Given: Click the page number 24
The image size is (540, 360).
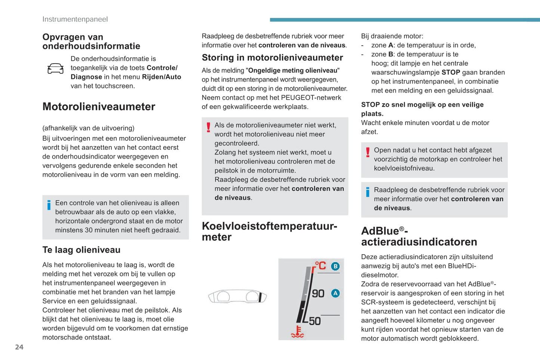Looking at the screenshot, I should click(x=19, y=347).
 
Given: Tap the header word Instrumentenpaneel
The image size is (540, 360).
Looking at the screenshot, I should click(x=75, y=19).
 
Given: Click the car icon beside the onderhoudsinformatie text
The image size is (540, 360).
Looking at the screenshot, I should click(x=55, y=68).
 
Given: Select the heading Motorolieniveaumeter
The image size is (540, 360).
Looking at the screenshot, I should click(x=99, y=107).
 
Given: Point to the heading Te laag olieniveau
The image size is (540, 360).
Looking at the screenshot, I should click(x=81, y=250).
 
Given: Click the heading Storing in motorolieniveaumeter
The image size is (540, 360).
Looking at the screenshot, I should click(x=272, y=58).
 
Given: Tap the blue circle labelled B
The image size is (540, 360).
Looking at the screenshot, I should click(x=335, y=266).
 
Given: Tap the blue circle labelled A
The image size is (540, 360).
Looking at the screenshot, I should click(x=335, y=293).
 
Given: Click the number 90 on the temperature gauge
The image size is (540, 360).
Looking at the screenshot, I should click(x=318, y=294).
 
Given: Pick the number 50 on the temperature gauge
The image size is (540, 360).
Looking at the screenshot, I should click(x=315, y=321).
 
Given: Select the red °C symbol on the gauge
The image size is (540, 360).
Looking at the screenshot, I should click(x=320, y=266).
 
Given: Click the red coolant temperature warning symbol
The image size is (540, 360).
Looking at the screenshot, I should click(x=297, y=332).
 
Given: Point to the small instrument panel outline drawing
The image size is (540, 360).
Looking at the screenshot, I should click(x=237, y=297).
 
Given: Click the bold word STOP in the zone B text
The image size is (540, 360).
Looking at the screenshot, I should click(x=450, y=72).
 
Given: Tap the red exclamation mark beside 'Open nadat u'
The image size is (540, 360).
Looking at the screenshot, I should click(x=368, y=152).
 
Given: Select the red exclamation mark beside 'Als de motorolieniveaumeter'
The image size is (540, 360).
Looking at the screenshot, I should click(x=209, y=127).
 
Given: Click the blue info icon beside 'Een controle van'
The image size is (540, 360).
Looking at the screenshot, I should click(x=49, y=205).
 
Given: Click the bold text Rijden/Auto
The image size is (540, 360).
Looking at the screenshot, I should click(x=161, y=77).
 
